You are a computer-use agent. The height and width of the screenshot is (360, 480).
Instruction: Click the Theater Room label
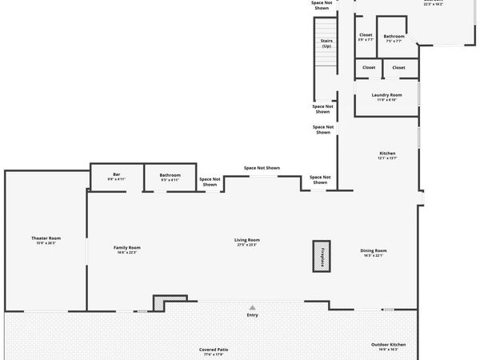pos(46,238)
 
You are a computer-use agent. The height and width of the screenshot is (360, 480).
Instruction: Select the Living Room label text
pos(246,240)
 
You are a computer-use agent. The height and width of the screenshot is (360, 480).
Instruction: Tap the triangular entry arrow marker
pos(253,307)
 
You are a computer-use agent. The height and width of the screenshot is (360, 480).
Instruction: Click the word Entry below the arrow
pos(253,315)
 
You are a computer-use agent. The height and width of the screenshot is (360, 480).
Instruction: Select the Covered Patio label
pos(214,349)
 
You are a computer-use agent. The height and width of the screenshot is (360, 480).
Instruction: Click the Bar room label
pos(116,174)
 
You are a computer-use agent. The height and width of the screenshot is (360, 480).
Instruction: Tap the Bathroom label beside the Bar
pos(170,174)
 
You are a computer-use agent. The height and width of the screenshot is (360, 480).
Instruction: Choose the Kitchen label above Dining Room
pos(387,154)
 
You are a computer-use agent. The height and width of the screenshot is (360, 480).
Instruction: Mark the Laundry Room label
pos(386,94)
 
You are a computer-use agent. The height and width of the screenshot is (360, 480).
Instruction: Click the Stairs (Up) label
pos(326,43)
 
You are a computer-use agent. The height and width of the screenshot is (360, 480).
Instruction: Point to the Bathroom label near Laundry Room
pos(394,35)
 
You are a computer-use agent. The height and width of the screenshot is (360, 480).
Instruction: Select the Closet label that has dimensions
pos(366,34)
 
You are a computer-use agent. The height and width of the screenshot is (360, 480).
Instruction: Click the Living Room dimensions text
pos(246,245)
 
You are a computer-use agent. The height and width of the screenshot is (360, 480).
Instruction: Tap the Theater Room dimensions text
pos(46,243)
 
